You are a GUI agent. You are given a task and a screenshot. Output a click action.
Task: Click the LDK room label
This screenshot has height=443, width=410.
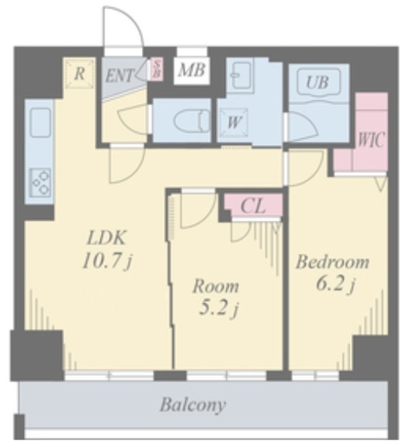pyautogui.click(x=106, y=238)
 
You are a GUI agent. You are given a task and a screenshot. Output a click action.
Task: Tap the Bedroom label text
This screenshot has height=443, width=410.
pyautogui.click(x=332, y=262)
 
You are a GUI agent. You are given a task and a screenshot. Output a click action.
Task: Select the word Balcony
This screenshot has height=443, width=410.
pyautogui.click(x=193, y=405)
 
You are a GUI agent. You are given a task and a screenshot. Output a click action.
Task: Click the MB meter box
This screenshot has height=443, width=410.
pyautogui.click(x=192, y=70)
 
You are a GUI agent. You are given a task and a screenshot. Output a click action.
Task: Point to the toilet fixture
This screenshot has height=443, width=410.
pyautogui.click(x=191, y=121)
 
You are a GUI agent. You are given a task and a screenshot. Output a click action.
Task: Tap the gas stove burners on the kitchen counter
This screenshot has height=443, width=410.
pyautogui.click(x=41, y=181)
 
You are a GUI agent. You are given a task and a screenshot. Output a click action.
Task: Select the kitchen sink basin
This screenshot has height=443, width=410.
pyautogui.click(x=42, y=123)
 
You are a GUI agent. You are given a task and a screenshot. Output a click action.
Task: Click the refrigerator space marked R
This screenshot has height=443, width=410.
pyautogui.click(x=80, y=73)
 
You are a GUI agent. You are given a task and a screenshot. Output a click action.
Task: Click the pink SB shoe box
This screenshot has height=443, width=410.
pyautogui.click(x=156, y=69)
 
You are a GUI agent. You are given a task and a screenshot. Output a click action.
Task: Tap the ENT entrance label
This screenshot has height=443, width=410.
pyautogui.click(x=119, y=76)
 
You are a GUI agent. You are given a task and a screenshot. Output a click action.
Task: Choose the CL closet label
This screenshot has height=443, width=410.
pyautogui.click(x=253, y=206)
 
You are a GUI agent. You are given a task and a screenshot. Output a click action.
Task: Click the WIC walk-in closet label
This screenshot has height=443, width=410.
pyautogui.click(x=371, y=140)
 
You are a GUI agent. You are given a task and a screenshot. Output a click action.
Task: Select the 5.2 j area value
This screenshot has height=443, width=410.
pyautogui.click(x=218, y=309)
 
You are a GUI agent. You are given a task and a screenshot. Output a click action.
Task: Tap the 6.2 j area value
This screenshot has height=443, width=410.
pyautogui.click(x=335, y=284)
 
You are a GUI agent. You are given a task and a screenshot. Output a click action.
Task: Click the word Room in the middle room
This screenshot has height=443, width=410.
pyautogui.click(x=216, y=286)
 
